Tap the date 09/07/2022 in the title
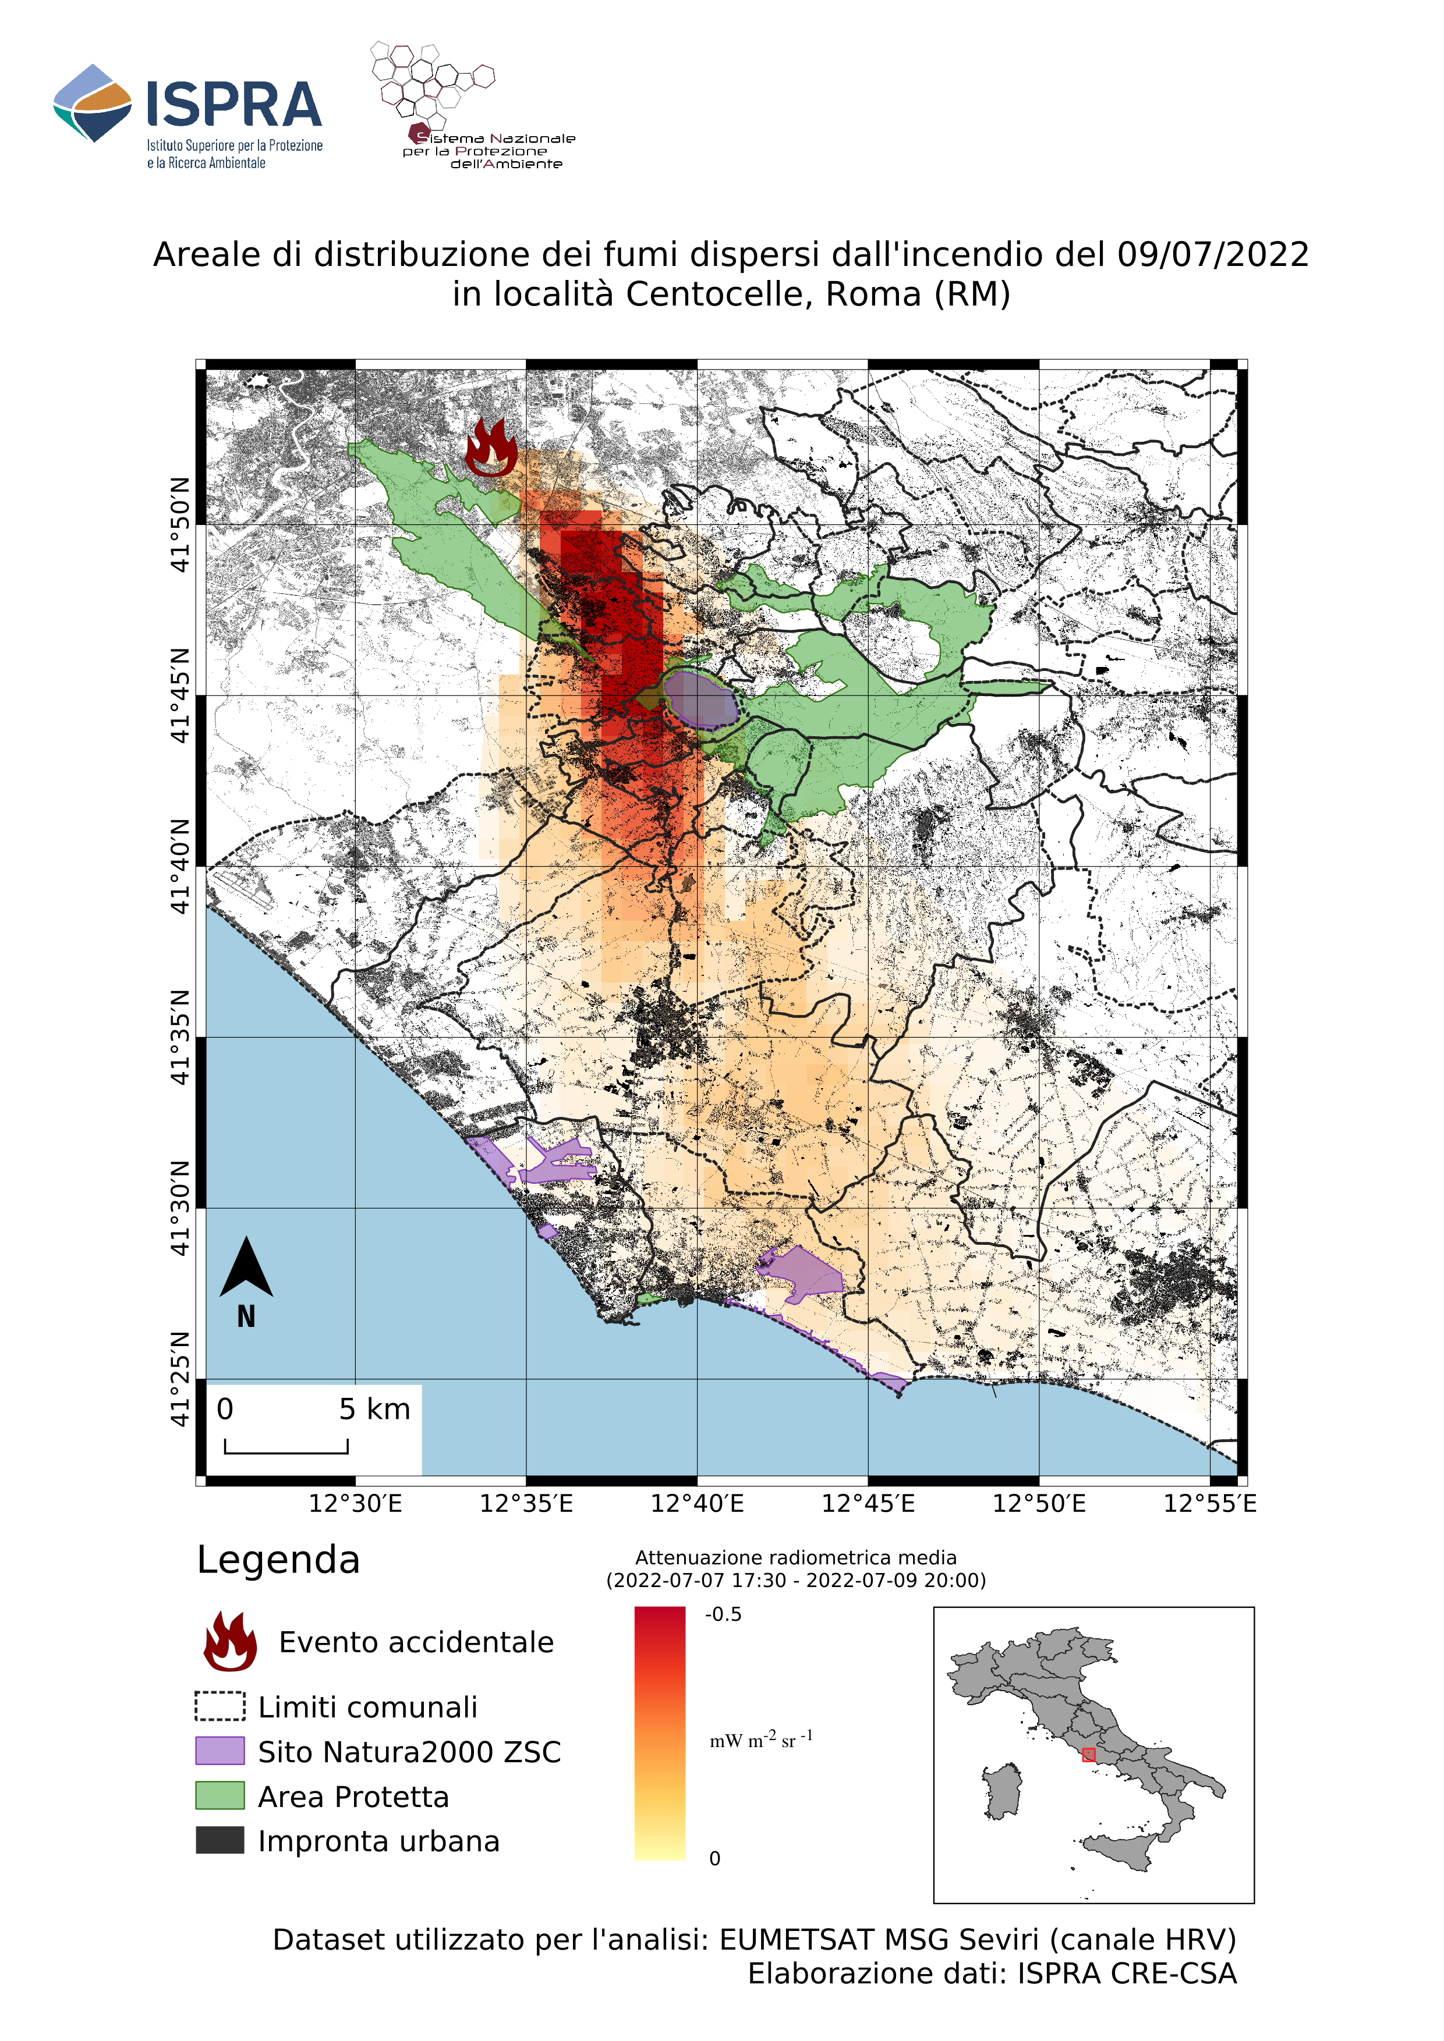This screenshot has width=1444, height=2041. point(1213,255)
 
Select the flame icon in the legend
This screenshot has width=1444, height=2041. point(231,1641)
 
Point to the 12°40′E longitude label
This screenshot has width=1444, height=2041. point(697,1503)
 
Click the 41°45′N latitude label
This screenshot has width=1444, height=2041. point(180,695)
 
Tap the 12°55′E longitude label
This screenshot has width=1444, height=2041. point(1210,1503)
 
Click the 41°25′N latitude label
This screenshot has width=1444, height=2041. point(180,1379)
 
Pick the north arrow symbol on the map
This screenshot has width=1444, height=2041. point(246,1269)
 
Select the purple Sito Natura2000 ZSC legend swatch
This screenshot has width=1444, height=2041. point(220,1751)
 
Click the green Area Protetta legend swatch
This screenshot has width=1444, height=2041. point(220,1795)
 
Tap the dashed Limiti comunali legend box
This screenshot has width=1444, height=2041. point(220,1706)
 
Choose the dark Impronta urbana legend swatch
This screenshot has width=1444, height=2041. point(220,1840)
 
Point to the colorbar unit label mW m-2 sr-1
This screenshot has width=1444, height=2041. point(760,1740)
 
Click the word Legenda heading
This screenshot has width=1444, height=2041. point(278,1560)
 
